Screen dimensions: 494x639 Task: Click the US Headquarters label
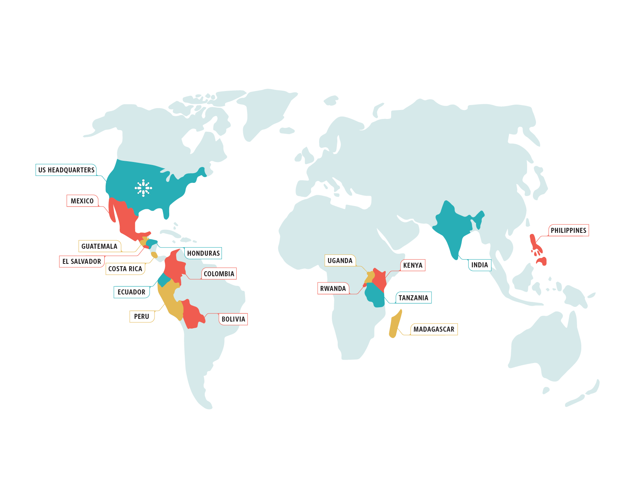pos(66,170)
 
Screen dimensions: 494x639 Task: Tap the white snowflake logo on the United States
pos(143,188)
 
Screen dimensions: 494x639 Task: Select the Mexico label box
pos(82,201)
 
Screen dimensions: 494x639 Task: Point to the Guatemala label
pos(99,246)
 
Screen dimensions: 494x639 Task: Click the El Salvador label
pos(82,262)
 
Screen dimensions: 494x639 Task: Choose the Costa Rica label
pos(125,269)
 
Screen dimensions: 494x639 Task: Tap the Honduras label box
pos(203,253)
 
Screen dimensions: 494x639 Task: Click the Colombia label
pos(219,274)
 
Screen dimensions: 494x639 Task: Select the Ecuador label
pos(132,292)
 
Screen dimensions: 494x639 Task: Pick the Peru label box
pos(141,317)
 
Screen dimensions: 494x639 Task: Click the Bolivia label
pos(233,319)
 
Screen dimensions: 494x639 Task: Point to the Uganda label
pos(340,261)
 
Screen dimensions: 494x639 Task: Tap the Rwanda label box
pos(333,289)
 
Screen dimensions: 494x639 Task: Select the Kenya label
pos(413,265)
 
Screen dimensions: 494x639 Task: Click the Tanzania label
pos(413,298)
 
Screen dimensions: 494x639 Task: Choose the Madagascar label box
pos(434,329)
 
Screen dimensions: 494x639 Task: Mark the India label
pos(479,265)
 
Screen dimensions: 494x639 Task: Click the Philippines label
pos(569,231)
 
